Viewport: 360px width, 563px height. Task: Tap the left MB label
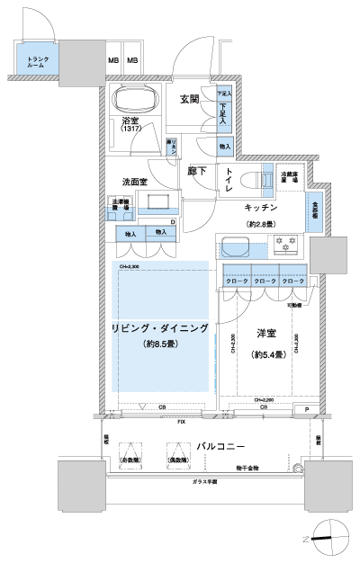[113, 60]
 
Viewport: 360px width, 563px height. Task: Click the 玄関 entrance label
[188, 100]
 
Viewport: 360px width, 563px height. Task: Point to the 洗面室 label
[135, 181]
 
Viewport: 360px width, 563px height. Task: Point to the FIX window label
[181, 421]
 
